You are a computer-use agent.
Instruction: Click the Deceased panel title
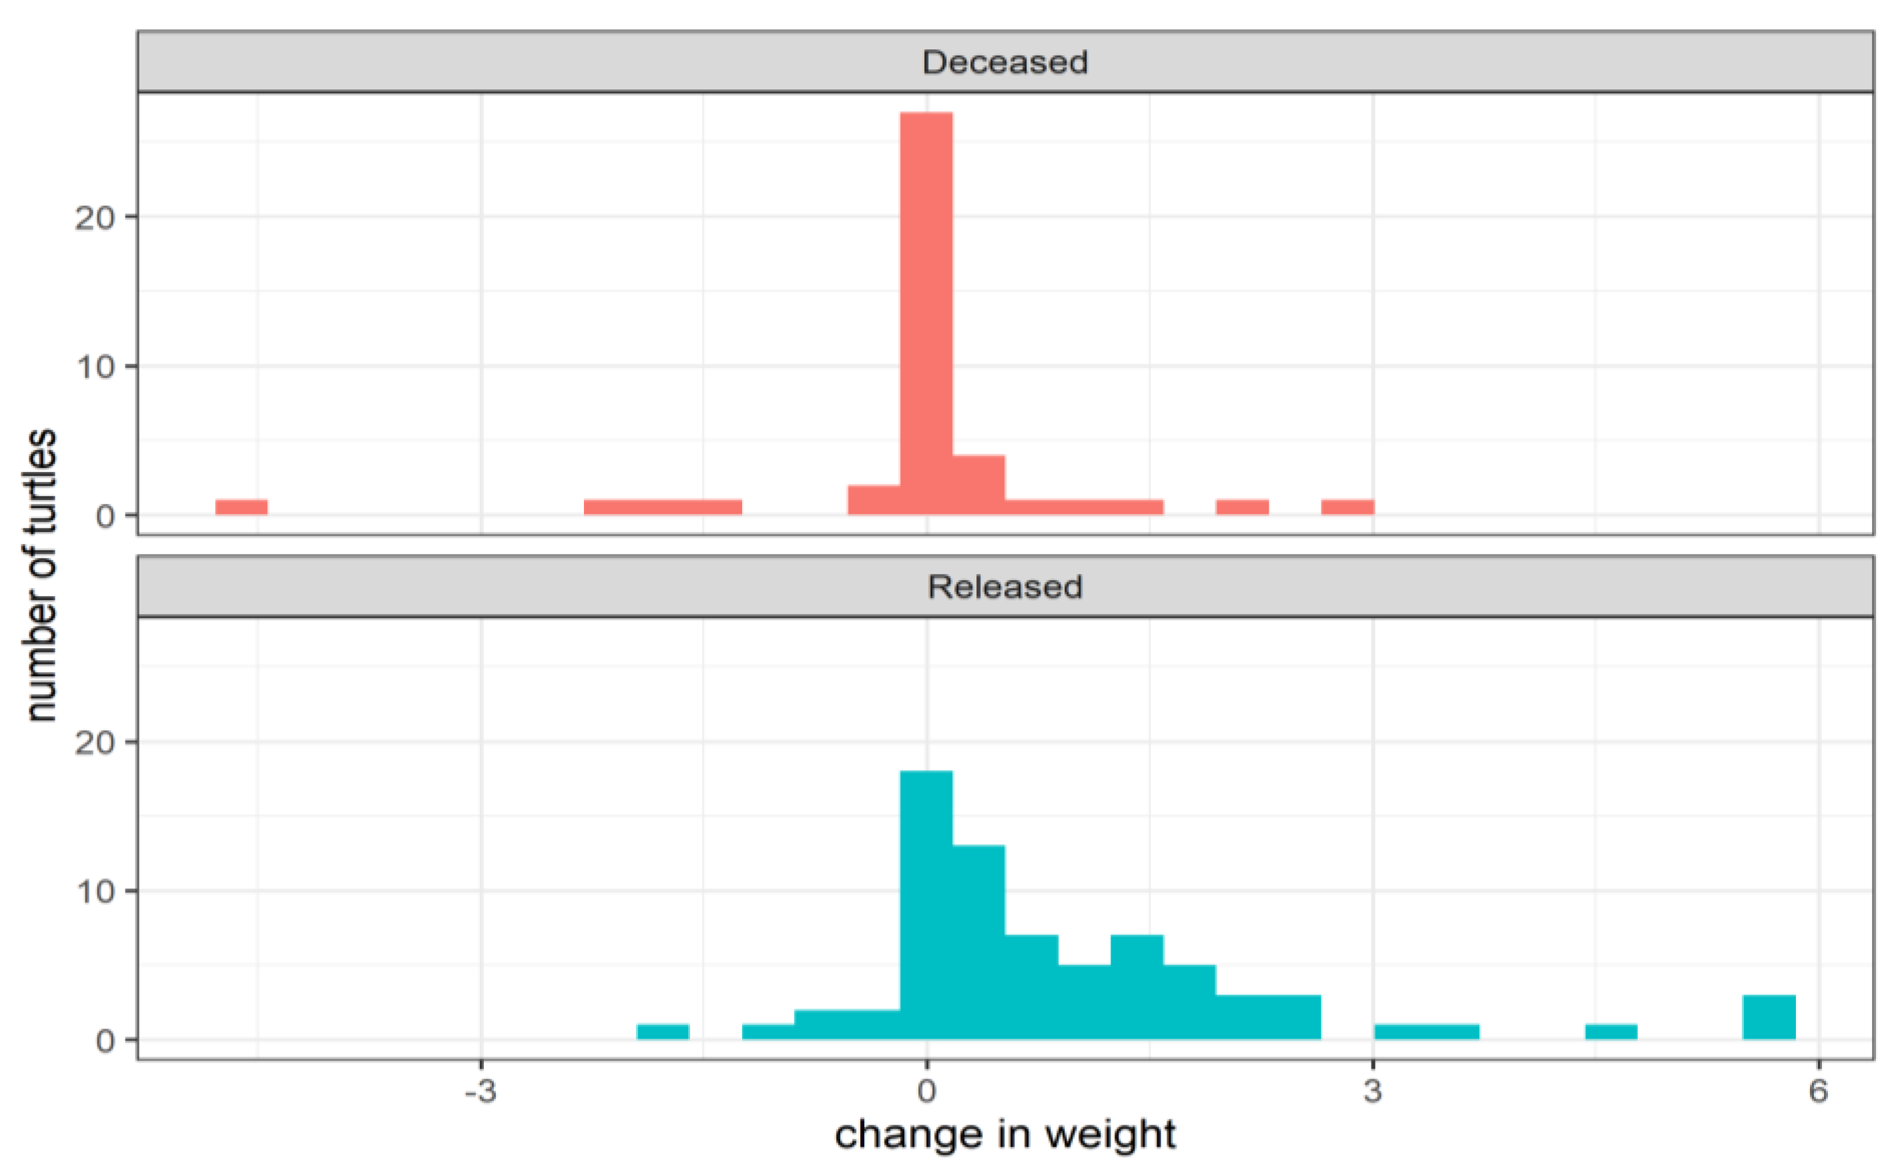(x=1004, y=62)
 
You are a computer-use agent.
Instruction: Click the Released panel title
(x=1004, y=587)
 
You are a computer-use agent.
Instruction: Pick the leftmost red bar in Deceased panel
(x=242, y=507)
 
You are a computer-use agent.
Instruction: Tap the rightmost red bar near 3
(x=1347, y=507)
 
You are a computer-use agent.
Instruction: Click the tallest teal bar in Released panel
(x=926, y=905)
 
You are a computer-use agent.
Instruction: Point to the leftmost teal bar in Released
(x=662, y=1031)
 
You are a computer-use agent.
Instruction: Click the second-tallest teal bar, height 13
(x=978, y=942)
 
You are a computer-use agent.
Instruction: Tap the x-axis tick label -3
(x=481, y=1091)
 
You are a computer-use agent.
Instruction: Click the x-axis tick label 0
(x=926, y=1091)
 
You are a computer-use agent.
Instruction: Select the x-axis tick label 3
(x=1372, y=1091)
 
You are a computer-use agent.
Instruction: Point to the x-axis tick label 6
(x=1818, y=1091)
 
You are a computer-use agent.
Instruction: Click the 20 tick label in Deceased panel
(x=94, y=218)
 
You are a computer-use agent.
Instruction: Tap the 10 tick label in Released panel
(x=94, y=892)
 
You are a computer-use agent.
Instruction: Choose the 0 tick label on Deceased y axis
(x=105, y=516)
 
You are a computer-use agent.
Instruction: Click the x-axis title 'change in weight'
(x=1004, y=1135)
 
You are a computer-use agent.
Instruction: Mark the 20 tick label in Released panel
(x=94, y=743)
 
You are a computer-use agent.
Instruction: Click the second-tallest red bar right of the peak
(x=978, y=485)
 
